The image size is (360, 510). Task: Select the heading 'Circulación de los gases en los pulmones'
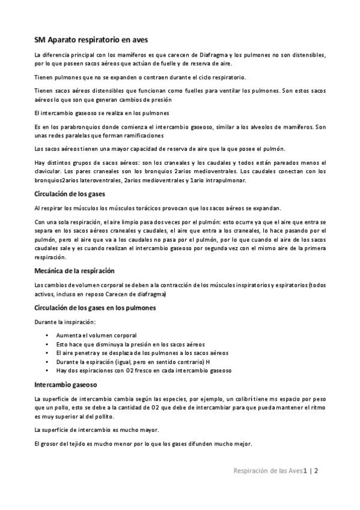tap(95, 307)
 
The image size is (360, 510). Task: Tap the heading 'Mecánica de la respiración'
tap(74, 271)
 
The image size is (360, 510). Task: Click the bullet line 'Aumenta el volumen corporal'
tap(96, 335)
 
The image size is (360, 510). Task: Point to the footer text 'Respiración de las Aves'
tap(267, 471)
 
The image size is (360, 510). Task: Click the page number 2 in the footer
tap(316, 471)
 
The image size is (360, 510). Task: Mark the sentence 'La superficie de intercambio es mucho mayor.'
tap(97, 430)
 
